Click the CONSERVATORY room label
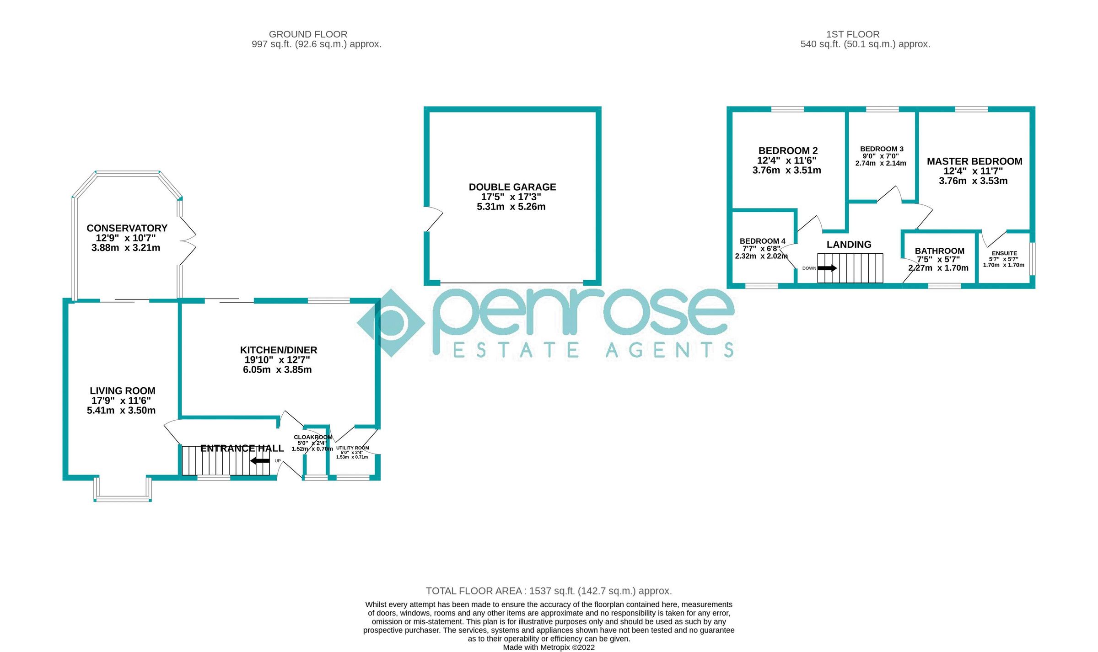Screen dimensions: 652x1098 (127, 228)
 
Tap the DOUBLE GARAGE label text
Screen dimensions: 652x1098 (512, 187)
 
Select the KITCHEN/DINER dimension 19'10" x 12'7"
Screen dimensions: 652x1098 (277, 360)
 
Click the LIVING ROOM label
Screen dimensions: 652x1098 (122, 391)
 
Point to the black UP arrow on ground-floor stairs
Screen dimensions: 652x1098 (260, 461)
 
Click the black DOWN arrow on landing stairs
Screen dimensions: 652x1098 (827, 268)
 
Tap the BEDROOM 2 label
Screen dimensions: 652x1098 (788, 151)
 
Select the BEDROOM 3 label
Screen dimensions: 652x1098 (882, 149)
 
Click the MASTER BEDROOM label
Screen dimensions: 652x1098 (974, 161)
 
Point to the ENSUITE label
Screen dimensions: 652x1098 (1004, 253)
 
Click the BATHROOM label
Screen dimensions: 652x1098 (939, 251)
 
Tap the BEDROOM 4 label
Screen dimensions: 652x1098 (762, 241)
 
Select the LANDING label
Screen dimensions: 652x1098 (849, 245)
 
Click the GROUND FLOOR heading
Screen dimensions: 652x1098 (308, 34)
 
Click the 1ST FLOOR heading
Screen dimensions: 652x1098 (852, 34)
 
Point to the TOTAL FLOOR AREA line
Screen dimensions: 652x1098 (549, 591)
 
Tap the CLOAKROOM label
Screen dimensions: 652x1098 (313, 437)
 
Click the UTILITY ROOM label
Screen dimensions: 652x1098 (352, 448)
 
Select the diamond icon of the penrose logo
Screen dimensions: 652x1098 (391, 323)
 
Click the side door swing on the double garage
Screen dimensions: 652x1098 (434, 219)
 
